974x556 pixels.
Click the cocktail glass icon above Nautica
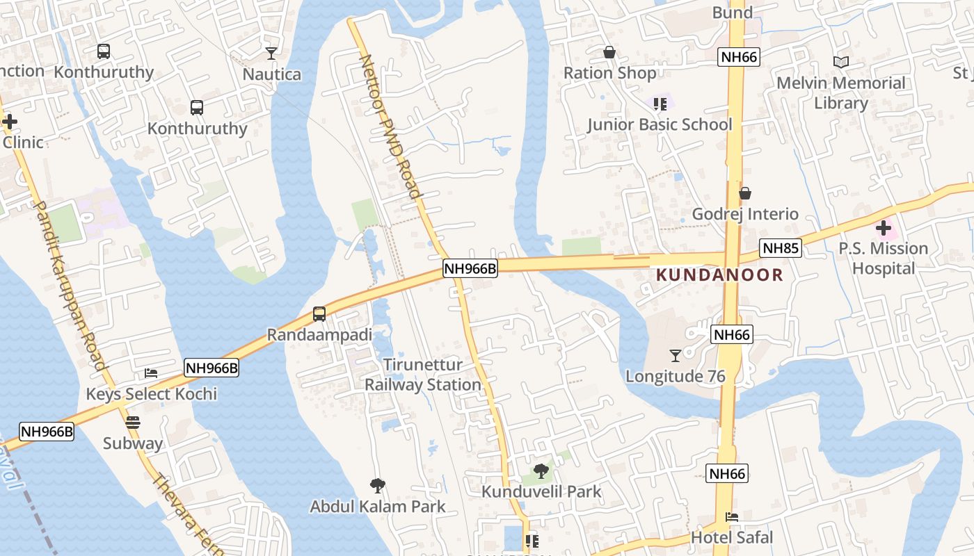click(271, 53)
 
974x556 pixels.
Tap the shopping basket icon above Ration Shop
click(609, 52)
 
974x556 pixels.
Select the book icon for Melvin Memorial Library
click(841, 63)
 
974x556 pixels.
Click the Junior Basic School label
click(660, 124)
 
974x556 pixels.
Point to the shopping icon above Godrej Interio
click(745, 193)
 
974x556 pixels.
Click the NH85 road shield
click(781, 248)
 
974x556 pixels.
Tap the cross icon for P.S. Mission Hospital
click(884, 227)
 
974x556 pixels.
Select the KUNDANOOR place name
click(720, 275)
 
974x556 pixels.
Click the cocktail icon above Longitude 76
click(675, 356)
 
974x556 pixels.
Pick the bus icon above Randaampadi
click(319, 314)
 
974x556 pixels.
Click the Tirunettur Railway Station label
click(423, 375)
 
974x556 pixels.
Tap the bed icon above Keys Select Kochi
click(151, 373)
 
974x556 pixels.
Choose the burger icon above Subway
click(133, 423)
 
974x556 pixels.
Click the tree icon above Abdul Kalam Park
click(378, 485)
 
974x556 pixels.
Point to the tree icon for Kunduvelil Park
click(541, 471)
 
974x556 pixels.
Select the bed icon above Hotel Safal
click(732, 517)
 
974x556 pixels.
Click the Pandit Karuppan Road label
click(70, 286)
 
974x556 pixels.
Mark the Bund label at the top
click(733, 13)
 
